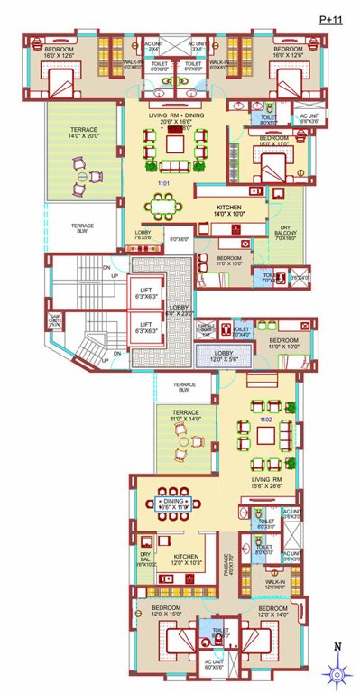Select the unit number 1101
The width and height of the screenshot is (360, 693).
point(163,184)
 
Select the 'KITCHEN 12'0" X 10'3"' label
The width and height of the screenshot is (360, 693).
point(186,559)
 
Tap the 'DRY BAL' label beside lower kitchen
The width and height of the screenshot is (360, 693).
point(145,559)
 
